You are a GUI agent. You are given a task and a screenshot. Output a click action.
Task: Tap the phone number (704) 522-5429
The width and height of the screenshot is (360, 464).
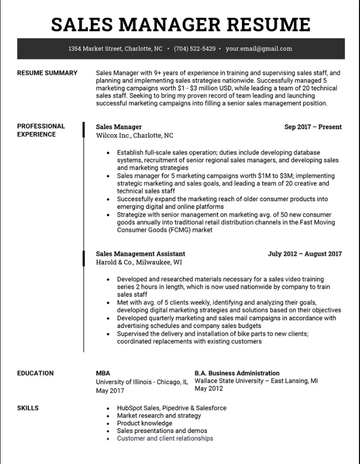pyautogui.click(x=195, y=49)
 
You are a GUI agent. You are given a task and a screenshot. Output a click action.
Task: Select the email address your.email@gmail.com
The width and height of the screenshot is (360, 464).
pyautogui.click(x=259, y=49)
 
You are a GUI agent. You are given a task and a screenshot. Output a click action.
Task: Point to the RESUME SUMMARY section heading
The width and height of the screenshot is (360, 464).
pyautogui.click(x=47, y=73)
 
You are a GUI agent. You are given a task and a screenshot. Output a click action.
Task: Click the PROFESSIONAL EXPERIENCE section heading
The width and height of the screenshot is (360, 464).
pyautogui.click(x=41, y=130)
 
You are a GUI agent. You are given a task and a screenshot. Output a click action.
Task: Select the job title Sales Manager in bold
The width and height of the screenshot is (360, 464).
pyautogui.click(x=118, y=127)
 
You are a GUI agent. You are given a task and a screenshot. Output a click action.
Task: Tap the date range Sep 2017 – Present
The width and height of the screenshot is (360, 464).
pyautogui.click(x=313, y=127)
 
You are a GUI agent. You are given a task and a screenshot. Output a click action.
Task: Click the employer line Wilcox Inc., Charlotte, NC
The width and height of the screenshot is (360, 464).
pyautogui.click(x=134, y=136)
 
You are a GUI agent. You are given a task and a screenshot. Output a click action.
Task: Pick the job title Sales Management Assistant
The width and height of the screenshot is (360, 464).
pyautogui.click(x=140, y=254)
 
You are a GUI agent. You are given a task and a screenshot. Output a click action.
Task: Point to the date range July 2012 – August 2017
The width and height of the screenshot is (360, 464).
pyautogui.click(x=304, y=254)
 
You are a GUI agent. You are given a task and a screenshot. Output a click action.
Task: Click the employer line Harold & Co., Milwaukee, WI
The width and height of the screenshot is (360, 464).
pyautogui.click(x=139, y=262)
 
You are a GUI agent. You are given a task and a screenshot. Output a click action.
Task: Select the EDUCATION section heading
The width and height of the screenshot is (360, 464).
pyautogui.click(x=35, y=373)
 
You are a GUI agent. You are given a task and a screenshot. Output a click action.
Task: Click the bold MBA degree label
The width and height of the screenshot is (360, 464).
pyautogui.click(x=102, y=373)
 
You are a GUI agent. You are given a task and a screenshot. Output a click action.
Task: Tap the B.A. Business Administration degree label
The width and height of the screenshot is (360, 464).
pyautogui.click(x=237, y=373)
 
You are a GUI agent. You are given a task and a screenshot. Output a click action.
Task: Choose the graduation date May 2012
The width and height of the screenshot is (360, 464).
pyautogui.click(x=208, y=389)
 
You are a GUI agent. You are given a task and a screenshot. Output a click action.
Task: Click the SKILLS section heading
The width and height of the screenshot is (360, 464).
pyautogui.click(x=28, y=408)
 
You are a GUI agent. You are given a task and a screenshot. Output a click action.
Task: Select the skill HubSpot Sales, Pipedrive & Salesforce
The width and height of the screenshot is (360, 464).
pyautogui.click(x=172, y=408)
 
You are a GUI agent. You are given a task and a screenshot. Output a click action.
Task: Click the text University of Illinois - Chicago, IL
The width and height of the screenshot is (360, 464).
pyautogui.click(x=142, y=382)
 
